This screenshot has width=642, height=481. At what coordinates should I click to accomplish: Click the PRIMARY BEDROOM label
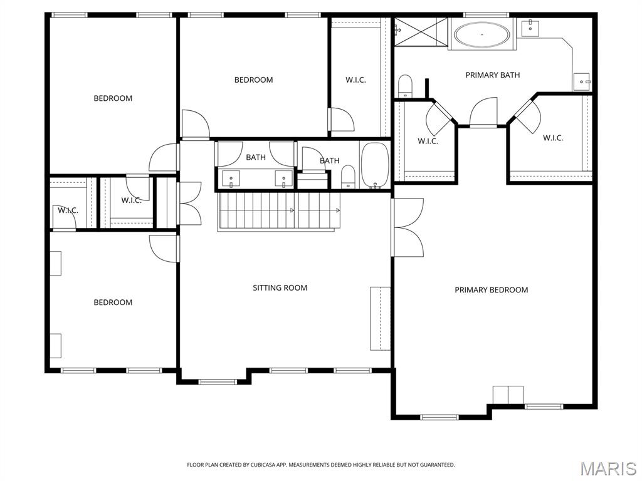tap(491, 289)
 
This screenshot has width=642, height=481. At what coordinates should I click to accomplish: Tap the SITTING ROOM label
tap(280, 287)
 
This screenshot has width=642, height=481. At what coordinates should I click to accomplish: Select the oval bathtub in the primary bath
tap(481, 34)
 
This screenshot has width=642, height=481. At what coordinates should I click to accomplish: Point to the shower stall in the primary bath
tap(421, 31)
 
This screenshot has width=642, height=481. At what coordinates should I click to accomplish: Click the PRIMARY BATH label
tap(492, 75)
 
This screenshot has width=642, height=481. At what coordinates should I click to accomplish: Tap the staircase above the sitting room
tap(279, 211)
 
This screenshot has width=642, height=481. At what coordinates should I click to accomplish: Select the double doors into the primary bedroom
tap(408, 227)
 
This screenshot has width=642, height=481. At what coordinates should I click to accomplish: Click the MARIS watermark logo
tap(608, 468)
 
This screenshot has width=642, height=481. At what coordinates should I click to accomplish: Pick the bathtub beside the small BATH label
tap(375, 165)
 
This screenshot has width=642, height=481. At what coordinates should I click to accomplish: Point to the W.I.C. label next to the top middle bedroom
tap(355, 80)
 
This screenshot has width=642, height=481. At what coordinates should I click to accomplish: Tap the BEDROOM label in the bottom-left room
tap(113, 303)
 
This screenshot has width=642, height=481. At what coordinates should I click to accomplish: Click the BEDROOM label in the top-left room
tap(113, 98)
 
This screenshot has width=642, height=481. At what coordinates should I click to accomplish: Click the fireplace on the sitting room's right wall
tap(380, 318)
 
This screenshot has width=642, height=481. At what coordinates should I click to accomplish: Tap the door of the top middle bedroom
tap(195, 123)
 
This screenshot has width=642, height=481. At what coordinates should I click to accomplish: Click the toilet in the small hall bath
tap(349, 177)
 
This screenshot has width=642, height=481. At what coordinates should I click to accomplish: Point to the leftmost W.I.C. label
tap(68, 210)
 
